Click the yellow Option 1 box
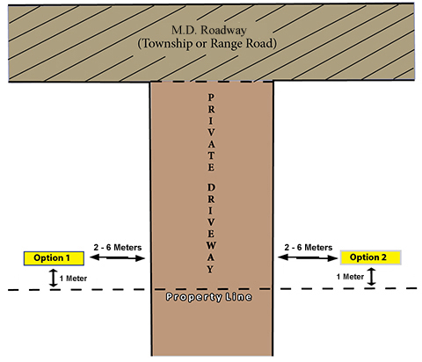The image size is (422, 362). [x=54, y=258]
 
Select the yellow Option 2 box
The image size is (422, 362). [x=370, y=257]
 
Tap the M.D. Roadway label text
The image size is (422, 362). [x=209, y=30]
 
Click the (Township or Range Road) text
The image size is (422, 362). [x=207, y=43]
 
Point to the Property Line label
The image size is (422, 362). [x=209, y=297]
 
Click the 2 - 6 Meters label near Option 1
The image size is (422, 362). [x=118, y=248]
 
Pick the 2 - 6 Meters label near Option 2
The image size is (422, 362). [x=309, y=248]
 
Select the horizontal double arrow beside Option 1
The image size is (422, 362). [x=117, y=257]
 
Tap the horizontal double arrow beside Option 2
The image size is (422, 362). [x=308, y=257]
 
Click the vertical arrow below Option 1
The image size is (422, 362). [x=53, y=278]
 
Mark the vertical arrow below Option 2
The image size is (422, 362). [x=371, y=277]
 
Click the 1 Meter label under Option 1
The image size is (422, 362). [x=73, y=279]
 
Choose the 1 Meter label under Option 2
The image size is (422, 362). [x=350, y=277]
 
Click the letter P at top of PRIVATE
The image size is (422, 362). [x=211, y=98]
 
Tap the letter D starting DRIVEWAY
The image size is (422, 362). [x=211, y=187]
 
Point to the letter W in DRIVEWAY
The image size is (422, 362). [x=211, y=245]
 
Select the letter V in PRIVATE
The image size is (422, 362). [x=211, y=133]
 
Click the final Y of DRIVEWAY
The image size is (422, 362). [x=211, y=269]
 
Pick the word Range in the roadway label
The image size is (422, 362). [x=227, y=44]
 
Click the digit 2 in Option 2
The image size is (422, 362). [x=383, y=257]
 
